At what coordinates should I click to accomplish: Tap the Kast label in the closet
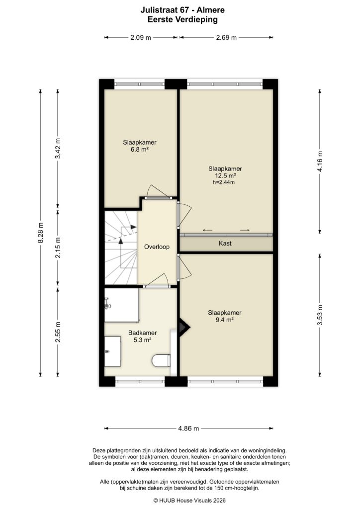click(x=225, y=244)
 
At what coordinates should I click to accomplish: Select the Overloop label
click(x=157, y=247)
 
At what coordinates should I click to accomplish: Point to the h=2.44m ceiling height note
click(x=223, y=182)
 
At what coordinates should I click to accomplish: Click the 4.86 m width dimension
click(x=188, y=428)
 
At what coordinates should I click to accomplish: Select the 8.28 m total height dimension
click(x=41, y=233)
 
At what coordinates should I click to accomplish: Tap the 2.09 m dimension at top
click(x=141, y=37)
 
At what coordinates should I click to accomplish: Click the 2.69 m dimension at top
click(x=226, y=37)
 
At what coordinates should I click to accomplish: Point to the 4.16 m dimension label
click(x=320, y=162)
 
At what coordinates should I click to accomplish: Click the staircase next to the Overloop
click(x=120, y=247)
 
